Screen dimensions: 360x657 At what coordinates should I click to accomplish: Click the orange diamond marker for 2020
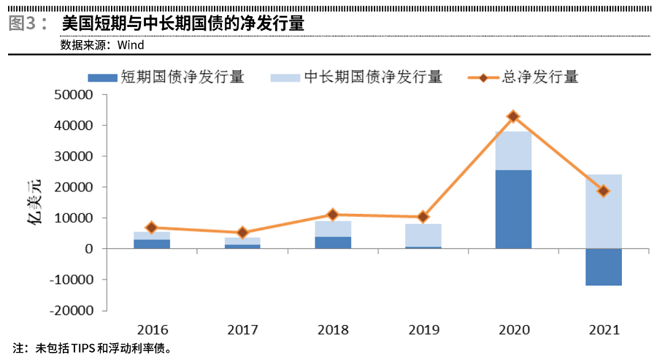[x=513, y=116]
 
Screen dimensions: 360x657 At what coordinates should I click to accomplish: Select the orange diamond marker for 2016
[x=152, y=228]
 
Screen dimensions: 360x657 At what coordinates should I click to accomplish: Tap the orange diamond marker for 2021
[x=604, y=191]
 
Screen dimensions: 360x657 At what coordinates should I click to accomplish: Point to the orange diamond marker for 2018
[x=333, y=215]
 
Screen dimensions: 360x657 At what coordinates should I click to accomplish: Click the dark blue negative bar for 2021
[x=604, y=267]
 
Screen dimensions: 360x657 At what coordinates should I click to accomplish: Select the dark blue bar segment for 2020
[x=513, y=209]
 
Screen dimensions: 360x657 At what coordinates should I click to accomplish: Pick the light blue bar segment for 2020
[x=513, y=151]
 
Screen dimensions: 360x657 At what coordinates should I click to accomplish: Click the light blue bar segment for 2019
[x=423, y=235]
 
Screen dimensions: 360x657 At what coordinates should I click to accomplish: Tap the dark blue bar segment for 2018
[x=333, y=242]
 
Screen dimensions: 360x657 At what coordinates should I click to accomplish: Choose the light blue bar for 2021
[x=604, y=212]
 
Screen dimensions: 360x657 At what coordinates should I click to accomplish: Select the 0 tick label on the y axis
[x=90, y=249]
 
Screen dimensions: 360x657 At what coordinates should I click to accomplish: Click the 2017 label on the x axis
[x=242, y=330]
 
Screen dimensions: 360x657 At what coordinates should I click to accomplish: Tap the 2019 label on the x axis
[x=423, y=330]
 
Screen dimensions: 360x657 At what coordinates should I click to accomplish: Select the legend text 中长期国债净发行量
[x=373, y=77]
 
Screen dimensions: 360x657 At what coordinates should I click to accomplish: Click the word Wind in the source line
[x=131, y=45]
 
